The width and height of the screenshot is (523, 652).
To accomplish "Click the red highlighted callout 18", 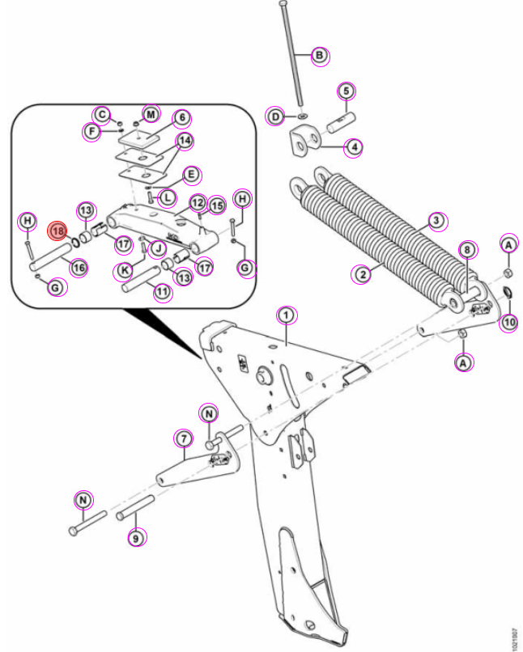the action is (x=57, y=231).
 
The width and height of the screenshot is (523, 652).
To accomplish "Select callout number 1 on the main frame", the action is (x=287, y=315).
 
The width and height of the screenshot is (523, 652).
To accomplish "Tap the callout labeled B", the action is (x=319, y=55).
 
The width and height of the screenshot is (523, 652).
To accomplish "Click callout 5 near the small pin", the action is (x=347, y=91).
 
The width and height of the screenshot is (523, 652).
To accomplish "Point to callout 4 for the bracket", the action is (x=354, y=147).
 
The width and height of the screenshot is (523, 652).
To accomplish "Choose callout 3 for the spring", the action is (x=436, y=220).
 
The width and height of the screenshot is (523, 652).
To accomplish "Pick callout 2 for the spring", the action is (x=363, y=274).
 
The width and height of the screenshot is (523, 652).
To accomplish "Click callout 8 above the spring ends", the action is (x=468, y=250).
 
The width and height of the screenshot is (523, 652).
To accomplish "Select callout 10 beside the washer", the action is (x=510, y=322).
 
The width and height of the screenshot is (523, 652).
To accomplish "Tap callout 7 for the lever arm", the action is (x=184, y=438).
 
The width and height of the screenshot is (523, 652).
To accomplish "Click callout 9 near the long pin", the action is (x=136, y=539).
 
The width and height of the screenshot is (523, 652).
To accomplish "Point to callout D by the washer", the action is (x=276, y=116).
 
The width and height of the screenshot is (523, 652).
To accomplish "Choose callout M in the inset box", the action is (x=151, y=114).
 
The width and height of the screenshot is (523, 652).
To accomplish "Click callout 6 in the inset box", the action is (x=182, y=118).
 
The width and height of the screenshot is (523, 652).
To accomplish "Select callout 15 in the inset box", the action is (x=216, y=205).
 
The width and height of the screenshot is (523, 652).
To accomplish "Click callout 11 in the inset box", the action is (x=163, y=292).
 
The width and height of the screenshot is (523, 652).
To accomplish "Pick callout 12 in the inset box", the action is (x=198, y=202).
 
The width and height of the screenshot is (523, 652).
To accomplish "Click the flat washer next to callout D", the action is (x=303, y=115).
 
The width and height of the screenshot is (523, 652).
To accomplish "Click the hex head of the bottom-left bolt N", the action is (x=73, y=531).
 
